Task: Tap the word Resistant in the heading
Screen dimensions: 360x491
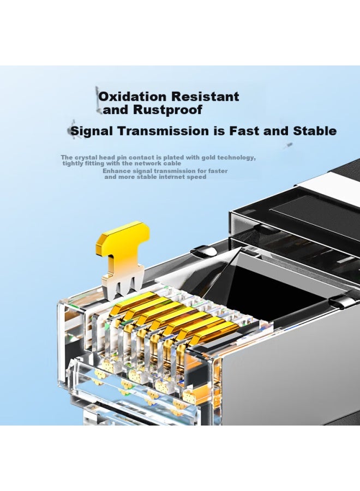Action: (x=205, y=97)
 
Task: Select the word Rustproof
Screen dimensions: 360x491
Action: (x=167, y=110)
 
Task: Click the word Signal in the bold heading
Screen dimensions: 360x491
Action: (x=92, y=131)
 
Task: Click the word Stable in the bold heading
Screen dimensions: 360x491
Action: (x=315, y=131)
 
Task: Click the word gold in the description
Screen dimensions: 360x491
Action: (x=208, y=158)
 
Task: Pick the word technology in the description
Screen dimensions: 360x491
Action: (x=236, y=158)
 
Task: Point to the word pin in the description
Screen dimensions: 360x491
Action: (x=122, y=158)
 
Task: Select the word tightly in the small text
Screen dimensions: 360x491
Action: (x=73, y=164)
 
